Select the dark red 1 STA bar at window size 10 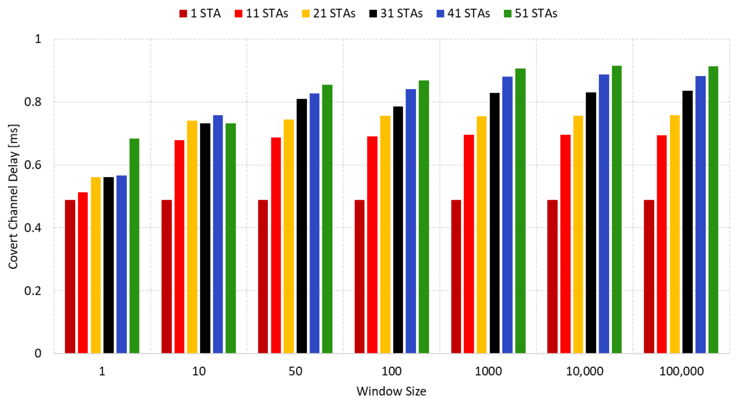click(166, 276)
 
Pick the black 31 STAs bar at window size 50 click(302, 226)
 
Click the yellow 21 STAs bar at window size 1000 click(482, 235)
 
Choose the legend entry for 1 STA click(200, 14)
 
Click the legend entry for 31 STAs click(396, 14)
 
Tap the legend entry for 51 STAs click(530, 14)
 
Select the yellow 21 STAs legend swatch click(306, 14)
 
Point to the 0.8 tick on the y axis click(33, 102)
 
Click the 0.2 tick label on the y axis click(33, 291)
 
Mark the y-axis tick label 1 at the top click(38, 39)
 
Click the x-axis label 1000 click(488, 371)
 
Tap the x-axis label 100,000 click(681, 371)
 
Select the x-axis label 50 click(295, 371)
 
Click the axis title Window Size click(391, 391)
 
